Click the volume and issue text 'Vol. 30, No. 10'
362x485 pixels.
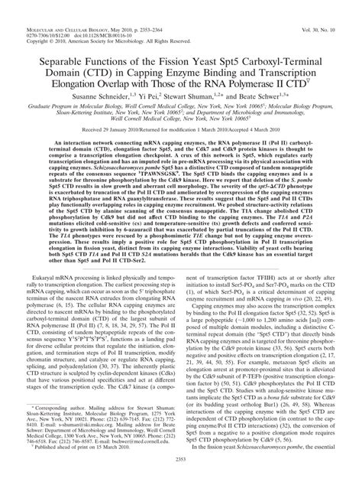(326, 7)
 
